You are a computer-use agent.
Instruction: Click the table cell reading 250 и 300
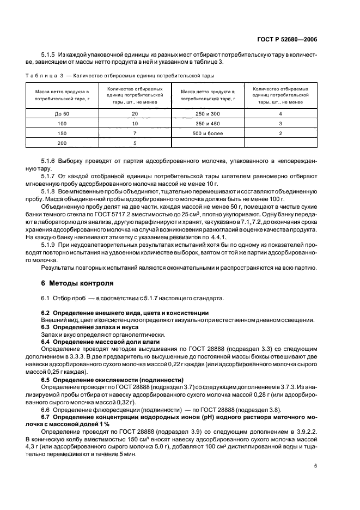(208, 113)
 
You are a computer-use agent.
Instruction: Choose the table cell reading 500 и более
(208, 133)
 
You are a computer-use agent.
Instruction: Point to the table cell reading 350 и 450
(208, 123)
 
